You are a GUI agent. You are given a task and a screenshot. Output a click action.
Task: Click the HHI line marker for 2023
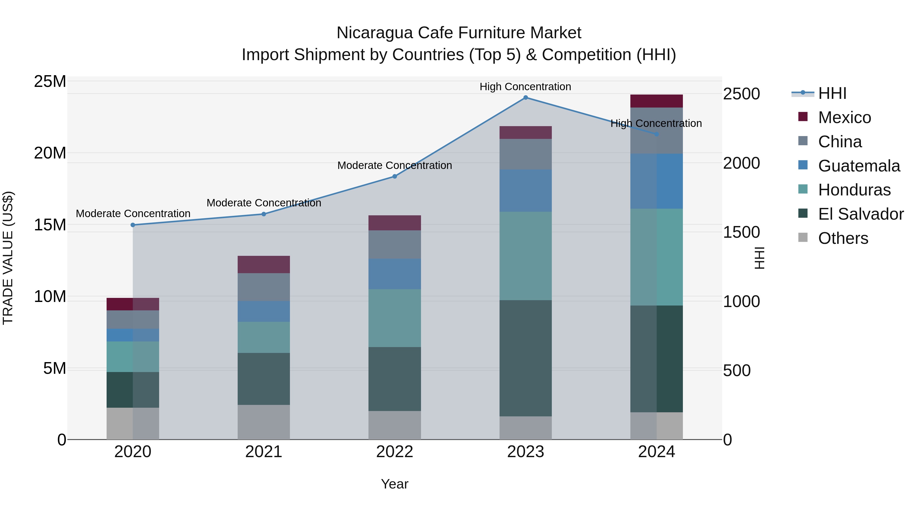[526, 98]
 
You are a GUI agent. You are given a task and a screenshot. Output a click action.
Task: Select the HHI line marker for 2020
[133, 225]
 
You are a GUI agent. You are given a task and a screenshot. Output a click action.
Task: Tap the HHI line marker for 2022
[394, 177]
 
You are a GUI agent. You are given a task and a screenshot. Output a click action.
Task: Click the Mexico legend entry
[844, 117]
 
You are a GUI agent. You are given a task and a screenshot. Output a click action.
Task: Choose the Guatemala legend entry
[859, 166]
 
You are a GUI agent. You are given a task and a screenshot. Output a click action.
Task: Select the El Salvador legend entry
[860, 214]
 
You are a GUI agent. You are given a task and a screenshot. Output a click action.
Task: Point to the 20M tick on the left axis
[50, 153]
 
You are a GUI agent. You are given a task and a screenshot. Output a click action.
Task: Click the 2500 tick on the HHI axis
[741, 94]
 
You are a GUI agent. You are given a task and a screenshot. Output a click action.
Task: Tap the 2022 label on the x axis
[394, 452]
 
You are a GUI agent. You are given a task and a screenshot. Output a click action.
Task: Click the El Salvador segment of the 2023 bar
[526, 358]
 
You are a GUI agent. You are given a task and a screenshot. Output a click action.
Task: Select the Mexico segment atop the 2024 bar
[656, 101]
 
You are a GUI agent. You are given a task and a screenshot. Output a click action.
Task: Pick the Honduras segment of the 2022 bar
[394, 318]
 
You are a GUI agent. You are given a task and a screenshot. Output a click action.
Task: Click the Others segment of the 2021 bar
[264, 422]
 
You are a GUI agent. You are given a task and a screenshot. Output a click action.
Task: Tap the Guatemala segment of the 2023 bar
[526, 191]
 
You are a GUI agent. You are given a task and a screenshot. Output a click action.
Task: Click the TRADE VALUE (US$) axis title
[8, 258]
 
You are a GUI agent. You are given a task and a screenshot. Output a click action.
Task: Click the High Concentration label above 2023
[525, 87]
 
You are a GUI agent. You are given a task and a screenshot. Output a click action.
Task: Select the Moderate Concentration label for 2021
[264, 203]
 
